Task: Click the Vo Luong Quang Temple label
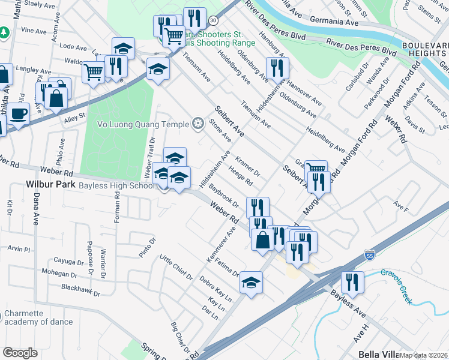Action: (x=143, y=124)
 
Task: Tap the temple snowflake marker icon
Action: (x=197, y=124)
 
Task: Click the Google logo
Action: (x=20, y=353)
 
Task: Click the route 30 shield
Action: (x=214, y=20)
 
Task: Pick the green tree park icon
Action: (x=5, y=32)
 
